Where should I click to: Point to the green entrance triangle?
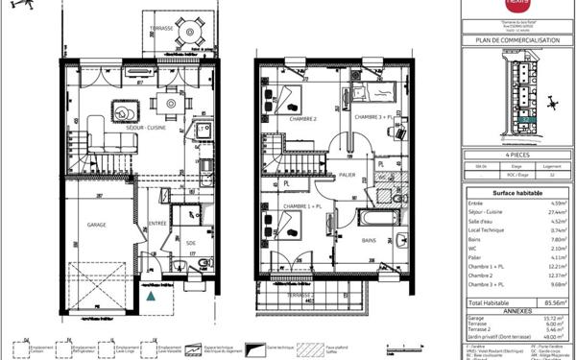click(151, 297)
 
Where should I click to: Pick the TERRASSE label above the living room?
click(161, 29)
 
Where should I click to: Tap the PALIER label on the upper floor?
click(347, 175)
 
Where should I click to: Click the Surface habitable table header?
click(517, 193)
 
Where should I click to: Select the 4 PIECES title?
click(517, 154)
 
